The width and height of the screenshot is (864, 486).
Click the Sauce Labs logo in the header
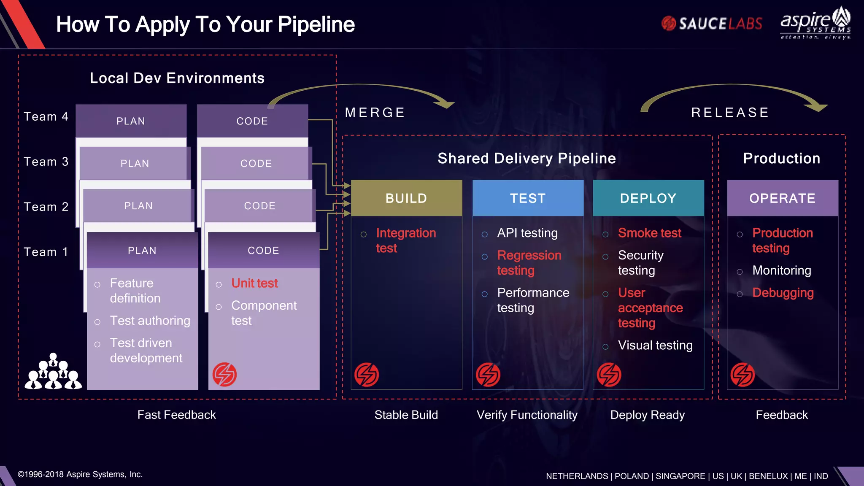point(712,24)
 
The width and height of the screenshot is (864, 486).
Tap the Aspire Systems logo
point(815,23)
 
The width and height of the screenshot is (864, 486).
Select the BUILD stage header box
point(406,198)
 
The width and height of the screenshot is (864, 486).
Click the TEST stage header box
point(528,198)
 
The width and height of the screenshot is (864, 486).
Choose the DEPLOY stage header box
point(648,198)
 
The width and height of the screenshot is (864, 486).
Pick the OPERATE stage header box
point(783,198)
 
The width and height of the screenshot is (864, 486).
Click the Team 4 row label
point(46,116)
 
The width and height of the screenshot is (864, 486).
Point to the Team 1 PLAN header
point(142,251)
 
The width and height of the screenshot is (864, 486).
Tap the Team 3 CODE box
point(256,164)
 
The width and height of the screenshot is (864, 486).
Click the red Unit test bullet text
point(254,283)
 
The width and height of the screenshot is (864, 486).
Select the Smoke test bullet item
point(649,233)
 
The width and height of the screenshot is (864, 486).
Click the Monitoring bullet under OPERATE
point(781,270)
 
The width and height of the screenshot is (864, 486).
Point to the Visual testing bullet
point(655,346)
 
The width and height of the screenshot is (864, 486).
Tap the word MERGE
point(375,113)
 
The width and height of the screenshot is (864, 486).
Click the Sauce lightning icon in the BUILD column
point(366,375)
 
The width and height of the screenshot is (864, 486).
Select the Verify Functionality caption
point(527,415)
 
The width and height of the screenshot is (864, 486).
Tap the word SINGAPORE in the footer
point(680,476)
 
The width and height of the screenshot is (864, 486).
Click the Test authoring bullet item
point(150,321)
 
